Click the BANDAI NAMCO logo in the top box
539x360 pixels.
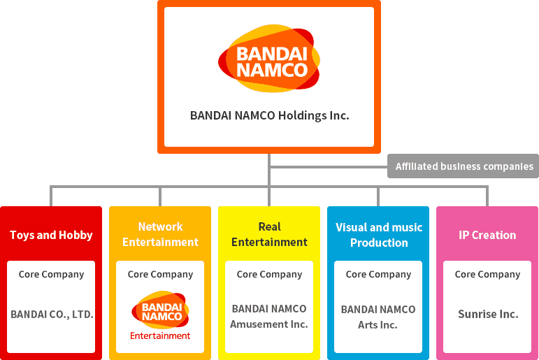(x=269, y=60)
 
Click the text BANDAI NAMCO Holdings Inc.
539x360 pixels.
(x=269, y=115)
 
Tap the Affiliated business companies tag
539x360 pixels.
(x=463, y=166)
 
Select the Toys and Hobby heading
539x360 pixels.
(x=51, y=235)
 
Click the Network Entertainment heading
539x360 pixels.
(x=160, y=234)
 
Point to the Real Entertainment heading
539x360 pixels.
(x=269, y=234)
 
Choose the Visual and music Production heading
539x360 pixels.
(x=379, y=235)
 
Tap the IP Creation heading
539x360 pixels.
(x=487, y=235)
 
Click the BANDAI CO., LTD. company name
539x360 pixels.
(x=52, y=315)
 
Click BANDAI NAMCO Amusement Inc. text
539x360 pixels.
(x=269, y=316)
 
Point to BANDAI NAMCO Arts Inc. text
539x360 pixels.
(x=378, y=317)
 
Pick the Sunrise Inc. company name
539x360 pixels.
(x=488, y=314)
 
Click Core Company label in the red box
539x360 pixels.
(x=51, y=274)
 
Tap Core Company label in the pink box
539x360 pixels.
(x=487, y=274)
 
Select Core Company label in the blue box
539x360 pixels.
(x=378, y=274)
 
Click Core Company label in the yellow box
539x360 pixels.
(x=269, y=274)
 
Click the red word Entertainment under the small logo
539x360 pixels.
(x=160, y=336)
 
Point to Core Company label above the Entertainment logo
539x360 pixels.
(x=160, y=274)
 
